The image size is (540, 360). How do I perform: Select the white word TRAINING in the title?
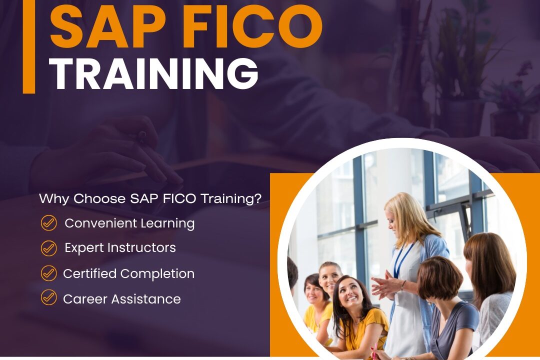pyautogui.click(x=154, y=73)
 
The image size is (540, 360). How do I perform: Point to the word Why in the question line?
pyautogui.click(x=53, y=198)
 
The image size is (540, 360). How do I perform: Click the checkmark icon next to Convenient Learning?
pyautogui.click(x=48, y=223)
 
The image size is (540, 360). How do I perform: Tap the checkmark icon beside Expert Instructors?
pyautogui.click(x=48, y=247)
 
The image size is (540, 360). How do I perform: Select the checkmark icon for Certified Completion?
pyautogui.click(x=48, y=273)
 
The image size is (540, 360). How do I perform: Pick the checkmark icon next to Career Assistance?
pyautogui.click(x=48, y=298)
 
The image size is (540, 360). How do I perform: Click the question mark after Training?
pyautogui.click(x=258, y=198)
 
